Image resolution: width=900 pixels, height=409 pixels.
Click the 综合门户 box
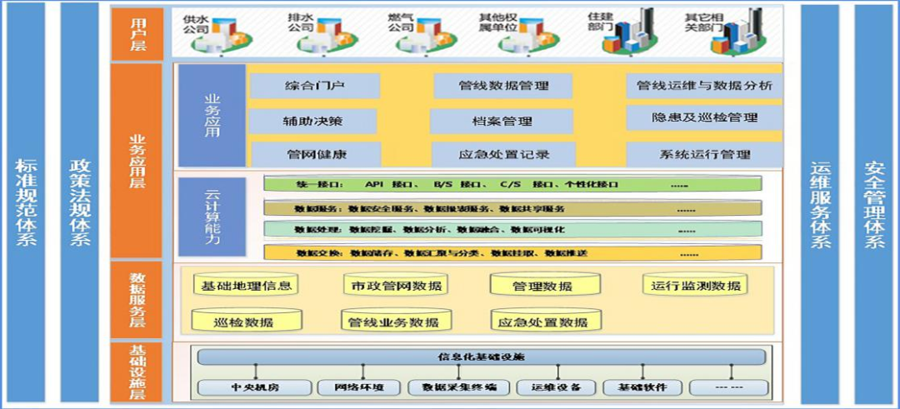click(314, 86)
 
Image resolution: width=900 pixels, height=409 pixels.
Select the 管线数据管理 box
click(503, 86)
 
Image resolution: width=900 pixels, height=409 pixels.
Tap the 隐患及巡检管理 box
click(704, 118)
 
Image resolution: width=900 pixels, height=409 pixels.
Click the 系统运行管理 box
click(704, 154)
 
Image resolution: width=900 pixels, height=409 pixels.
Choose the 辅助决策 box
click(312, 121)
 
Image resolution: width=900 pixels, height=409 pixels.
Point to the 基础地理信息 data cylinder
click(246, 286)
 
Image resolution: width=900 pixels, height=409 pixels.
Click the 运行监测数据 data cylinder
click(695, 286)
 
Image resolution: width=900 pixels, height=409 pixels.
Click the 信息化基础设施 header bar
click(481, 357)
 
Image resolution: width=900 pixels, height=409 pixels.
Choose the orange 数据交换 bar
click(512, 252)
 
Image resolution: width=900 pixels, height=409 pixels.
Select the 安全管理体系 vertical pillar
click(875, 204)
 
